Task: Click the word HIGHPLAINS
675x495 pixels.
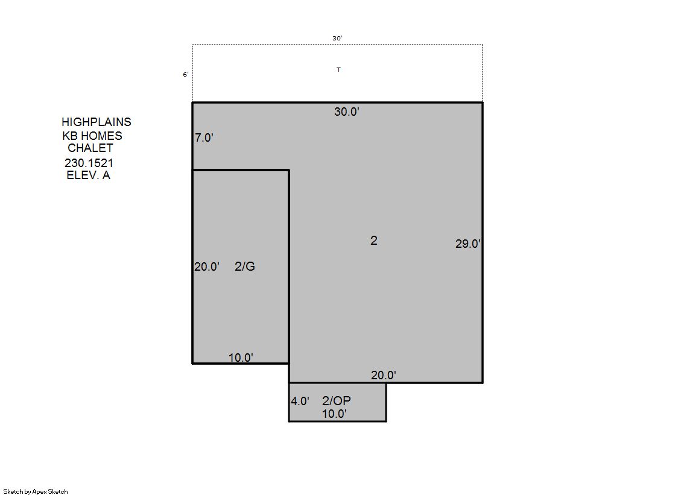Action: click(x=97, y=122)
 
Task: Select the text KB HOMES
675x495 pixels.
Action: click(x=92, y=136)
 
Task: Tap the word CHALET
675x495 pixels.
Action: click(x=90, y=148)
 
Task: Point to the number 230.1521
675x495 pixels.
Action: click(x=89, y=163)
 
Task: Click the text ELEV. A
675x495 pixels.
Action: click(x=88, y=175)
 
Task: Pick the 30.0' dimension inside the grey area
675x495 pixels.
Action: click(x=347, y=112)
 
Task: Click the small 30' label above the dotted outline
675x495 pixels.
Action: click(x=338, y=39)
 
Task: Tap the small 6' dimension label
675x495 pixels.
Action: click(x=186, y=75)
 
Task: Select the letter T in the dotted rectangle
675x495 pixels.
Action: click(x=339, y=70)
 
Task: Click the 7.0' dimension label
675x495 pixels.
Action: click(x=204, y=137)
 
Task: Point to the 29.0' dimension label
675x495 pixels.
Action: click(x=468, y=244)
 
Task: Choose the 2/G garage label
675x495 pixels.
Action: click(x=245, y=267)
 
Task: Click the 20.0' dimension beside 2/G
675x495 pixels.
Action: click(x=207, y=267)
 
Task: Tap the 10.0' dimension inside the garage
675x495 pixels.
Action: click(x=241, y=358)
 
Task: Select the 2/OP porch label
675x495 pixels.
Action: click(x=337, y=401)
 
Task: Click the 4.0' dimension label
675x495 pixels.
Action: click(x=300, y=401)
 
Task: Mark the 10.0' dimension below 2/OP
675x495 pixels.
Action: click(x=335, y=414)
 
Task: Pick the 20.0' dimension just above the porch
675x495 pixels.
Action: click(x=384, y=376)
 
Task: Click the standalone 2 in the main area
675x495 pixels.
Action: click(x=373, y=241)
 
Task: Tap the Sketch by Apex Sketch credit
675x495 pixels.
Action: click(x=36, y=491)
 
